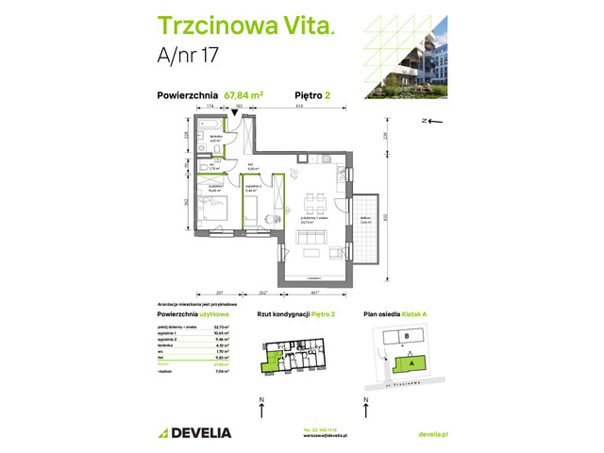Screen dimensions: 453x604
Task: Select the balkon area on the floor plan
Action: click(363, 223)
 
